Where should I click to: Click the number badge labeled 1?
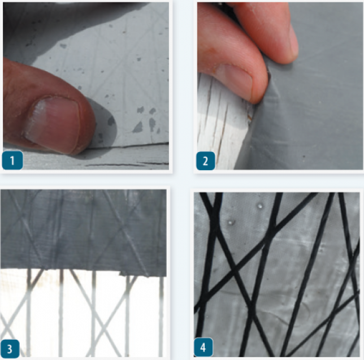[x=12, y=161]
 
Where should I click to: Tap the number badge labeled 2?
[x=205, y=161]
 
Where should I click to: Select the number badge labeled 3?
[x=10, y=349]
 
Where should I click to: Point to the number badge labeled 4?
[x=203, y=347]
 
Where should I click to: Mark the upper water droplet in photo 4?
[x=260, y=206]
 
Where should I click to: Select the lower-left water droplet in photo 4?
[x=231, y=223]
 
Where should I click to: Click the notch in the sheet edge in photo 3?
[x=123, y=274]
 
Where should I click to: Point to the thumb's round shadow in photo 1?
[x=102, y=125]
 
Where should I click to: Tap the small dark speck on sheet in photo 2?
[x=304, y=157]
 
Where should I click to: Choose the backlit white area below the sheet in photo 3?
[x=84, y=313]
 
